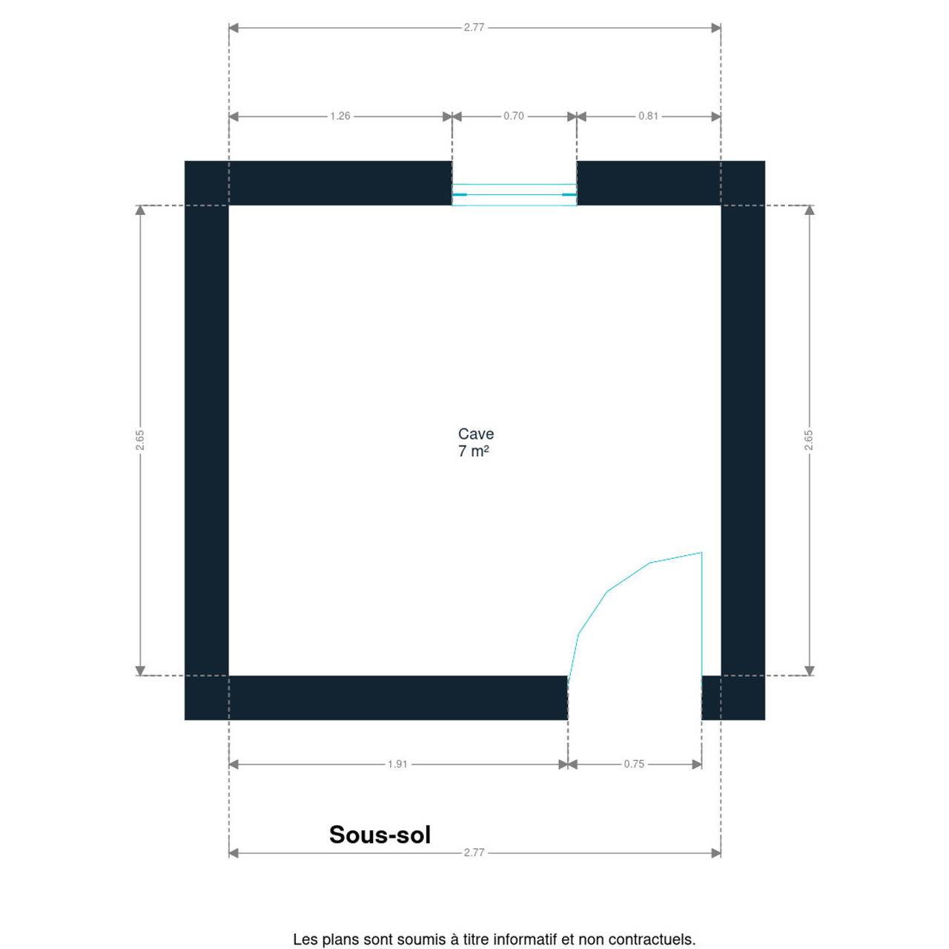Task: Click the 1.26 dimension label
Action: (x=340, y=116)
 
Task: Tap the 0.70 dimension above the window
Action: (x=513, y=116)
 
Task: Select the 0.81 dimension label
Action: (x=648, y=116)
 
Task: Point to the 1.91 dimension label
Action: (x=397, y=764)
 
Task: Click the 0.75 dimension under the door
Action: (x=634, y=764)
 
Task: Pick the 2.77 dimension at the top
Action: (x=474, y=27)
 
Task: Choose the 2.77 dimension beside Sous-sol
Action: (x=474, y=853)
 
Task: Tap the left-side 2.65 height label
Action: (x=140, y=440)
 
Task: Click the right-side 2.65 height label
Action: (x=809, y=440)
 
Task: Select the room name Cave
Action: (x=476, y=434)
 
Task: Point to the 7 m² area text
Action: (x=473, y=451)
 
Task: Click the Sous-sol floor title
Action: (x=380, y=835)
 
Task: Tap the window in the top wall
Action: (x=514, y=194)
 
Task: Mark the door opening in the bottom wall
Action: (x=635, y=698)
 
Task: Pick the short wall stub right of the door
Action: (x=733, y=698)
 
